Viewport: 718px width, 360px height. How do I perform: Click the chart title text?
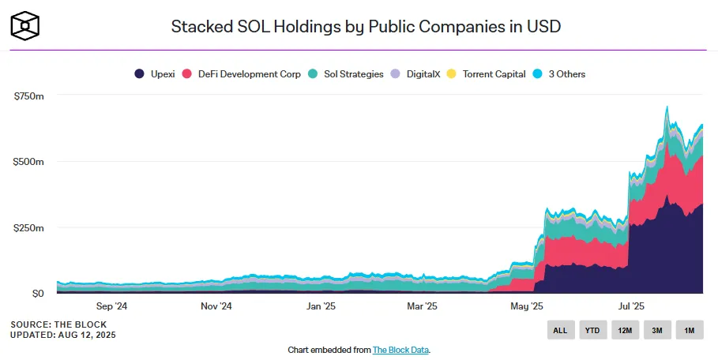[x=366, y=27]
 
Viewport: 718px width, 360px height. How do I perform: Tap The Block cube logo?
[x=24, y=25]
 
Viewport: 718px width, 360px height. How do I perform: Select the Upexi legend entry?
[x=154, y=74]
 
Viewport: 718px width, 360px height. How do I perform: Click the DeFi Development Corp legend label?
[x=250, y=74]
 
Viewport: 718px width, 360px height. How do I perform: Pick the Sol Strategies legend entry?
[x=346, y=74]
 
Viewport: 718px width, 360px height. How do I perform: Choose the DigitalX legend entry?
[x=415, y=74]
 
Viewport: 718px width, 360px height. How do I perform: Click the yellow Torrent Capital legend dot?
[x=452, y=74]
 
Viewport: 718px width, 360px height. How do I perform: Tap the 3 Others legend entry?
[x=559, y=74]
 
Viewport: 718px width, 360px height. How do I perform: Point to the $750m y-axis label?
[x=29, y=96]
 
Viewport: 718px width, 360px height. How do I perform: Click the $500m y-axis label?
[x=28, y=162]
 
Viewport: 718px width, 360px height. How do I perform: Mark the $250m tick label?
[x=28, y=228]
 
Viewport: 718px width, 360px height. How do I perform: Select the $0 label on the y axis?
[x=38, y=294]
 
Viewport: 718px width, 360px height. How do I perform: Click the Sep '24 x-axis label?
[x=111, y=306]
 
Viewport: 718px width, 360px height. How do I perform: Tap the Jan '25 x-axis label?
[x=321, y=306]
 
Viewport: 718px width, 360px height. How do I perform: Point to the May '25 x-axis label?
[x=527, y=306]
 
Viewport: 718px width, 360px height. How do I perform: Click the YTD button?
[x=592, y=330]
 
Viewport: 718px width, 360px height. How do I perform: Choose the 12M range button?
[x=625, y=330]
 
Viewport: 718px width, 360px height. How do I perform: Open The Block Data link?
[x=400, y=350]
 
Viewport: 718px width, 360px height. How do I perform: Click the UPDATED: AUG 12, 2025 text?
[x=63, y=335]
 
